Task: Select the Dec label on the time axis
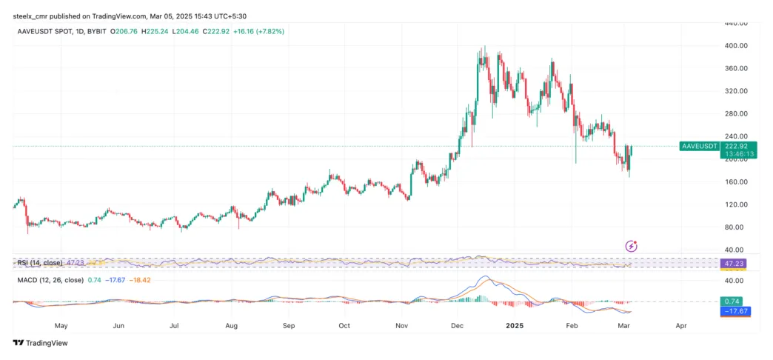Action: point(457,325)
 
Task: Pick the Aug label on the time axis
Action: point(231,325)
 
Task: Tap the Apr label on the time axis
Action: point(681,325)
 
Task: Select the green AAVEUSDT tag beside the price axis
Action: point(699,147)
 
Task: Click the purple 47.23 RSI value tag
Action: point(734,263)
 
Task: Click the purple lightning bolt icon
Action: point(632,246)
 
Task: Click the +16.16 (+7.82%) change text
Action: point(258,31)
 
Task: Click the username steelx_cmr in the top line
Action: point(36,16)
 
